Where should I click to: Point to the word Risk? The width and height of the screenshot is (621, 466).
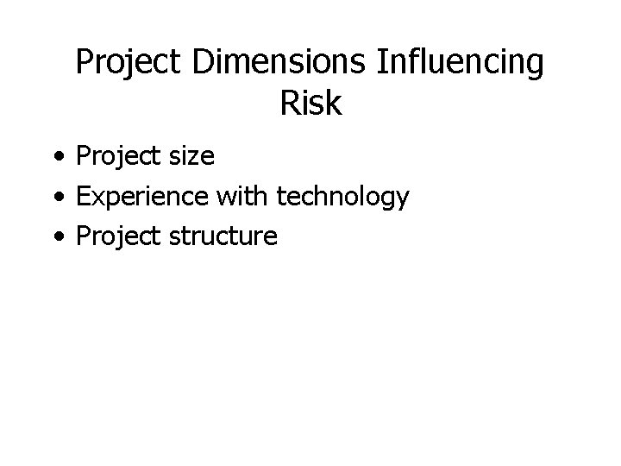(310, 104)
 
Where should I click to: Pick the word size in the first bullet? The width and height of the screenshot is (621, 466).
(190, 157)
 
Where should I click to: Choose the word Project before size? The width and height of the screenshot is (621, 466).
(116, 157)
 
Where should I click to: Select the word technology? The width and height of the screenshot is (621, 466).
(342, 198)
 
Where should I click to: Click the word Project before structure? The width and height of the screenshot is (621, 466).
(116, 236)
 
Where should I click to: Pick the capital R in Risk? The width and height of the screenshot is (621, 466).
(290, 104)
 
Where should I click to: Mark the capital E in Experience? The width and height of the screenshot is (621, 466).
(84, 197)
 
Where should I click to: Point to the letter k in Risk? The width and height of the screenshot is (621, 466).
(334, 104)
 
